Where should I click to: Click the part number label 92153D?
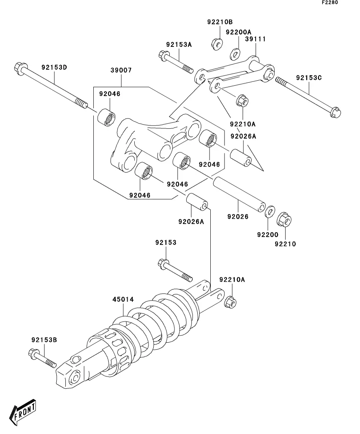point(54,67)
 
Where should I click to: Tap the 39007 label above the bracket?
point(121,70)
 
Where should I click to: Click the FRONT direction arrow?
point(24,413)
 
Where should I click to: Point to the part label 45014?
point(123,299)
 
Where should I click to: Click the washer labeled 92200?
point(270,211)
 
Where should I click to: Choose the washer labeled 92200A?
point(236,53)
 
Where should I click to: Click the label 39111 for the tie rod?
point(255,39)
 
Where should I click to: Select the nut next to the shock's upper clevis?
point(231,302)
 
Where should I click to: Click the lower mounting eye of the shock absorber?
point(74,378)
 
